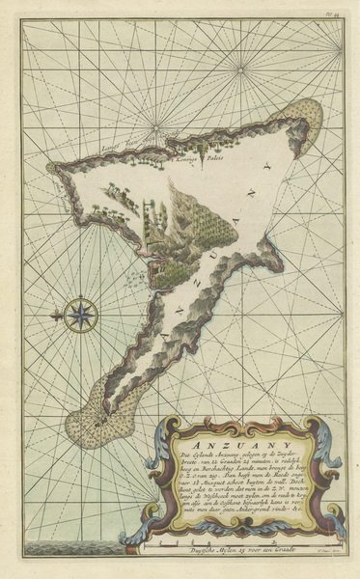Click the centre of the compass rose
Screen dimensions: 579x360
80,314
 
